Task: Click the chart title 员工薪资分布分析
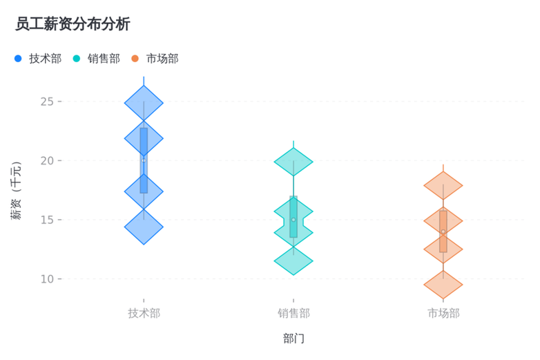click(73, 24)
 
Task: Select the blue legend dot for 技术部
click(18, 59)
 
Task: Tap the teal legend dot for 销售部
click(77, 59)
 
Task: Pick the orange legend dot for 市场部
click(135, 59)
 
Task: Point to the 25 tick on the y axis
click(47, 102)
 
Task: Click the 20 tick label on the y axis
click(47, 160)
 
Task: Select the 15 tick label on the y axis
click(47, 220)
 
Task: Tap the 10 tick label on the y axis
click(47, 278)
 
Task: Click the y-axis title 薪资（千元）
click(16, 191)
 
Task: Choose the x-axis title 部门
click(293, 339)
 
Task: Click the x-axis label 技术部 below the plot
click(144, 313)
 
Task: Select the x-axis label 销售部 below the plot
click(293, 313)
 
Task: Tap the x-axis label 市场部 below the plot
click(443, 313)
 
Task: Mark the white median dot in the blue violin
click(144, 160)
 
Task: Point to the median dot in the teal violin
click(293, 220)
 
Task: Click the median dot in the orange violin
click(443, 231)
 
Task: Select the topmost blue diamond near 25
click(144, 103)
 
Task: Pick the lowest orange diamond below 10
click(443, 285)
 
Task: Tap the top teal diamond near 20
click(293, 162)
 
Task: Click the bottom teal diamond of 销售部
click(293, 260)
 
